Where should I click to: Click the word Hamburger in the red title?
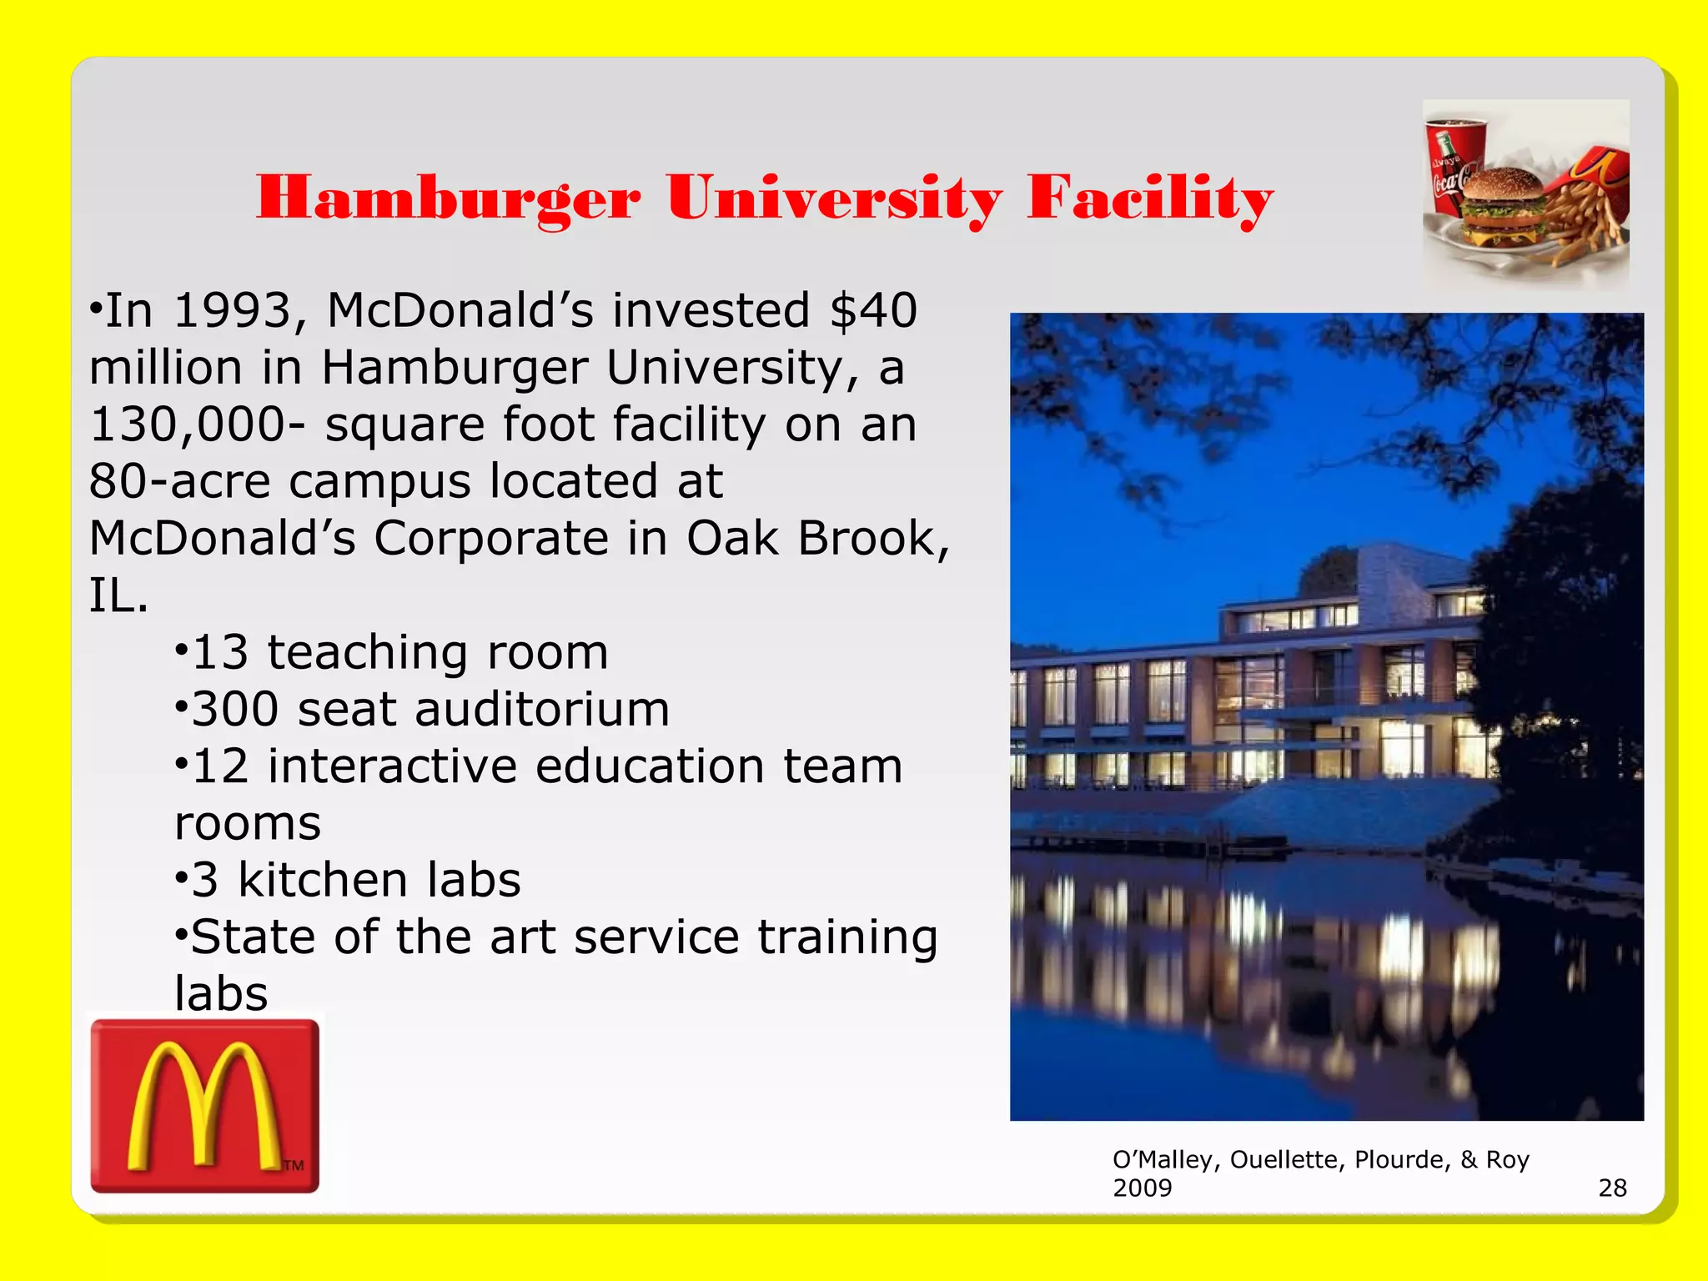[x=449, y=198]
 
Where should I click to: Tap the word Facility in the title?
[x=1150, y=198]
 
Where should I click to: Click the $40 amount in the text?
[x=873, y=310]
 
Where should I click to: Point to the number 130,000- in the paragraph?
[x=197, y=424]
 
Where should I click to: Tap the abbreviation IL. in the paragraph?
[x=118, y=595]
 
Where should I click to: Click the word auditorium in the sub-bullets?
[x=542, y=709]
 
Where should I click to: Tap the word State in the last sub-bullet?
[x=254, y=937]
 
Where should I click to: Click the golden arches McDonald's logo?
[x=204, y=1106]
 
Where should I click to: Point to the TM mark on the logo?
[x=294, y=1165]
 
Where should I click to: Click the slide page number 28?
[x=1612, y=1188]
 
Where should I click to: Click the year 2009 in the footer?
[x=1142, y=1188]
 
